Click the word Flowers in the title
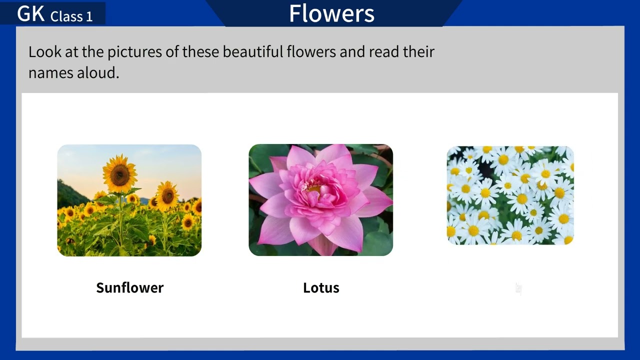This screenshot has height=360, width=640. point(331,13)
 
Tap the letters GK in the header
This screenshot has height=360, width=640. point(31,14)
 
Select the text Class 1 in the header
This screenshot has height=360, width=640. point(71,16)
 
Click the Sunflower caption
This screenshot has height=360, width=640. point(129,287)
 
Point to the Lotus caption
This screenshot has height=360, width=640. point(321,287)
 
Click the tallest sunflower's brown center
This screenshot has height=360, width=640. point(119,174)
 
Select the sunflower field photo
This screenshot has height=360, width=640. point(129,200)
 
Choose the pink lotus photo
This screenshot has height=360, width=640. point(320,200)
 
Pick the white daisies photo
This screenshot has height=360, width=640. point(510,195)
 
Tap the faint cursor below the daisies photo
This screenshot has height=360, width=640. point(518,288)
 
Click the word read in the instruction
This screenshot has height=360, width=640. point(384,51)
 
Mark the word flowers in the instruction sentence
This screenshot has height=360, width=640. point(311,51)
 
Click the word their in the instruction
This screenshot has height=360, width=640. point(418,51)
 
